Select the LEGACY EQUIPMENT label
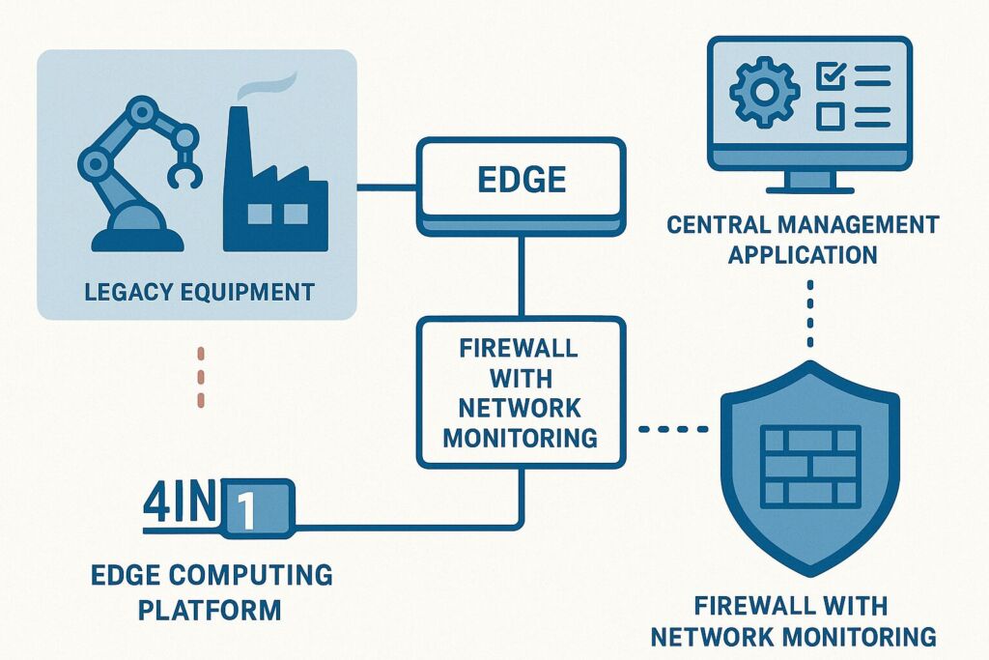tap(200, 290)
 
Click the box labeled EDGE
tap(521, 180)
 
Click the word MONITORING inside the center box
tap(521, 437)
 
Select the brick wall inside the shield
tap(811, 466)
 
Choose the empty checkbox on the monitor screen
tap(829, 117)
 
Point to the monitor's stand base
tap(809, 185)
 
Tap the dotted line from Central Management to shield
tap(809, 314)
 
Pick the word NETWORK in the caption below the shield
tap(724, 637)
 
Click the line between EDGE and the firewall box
tap(522, 275)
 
